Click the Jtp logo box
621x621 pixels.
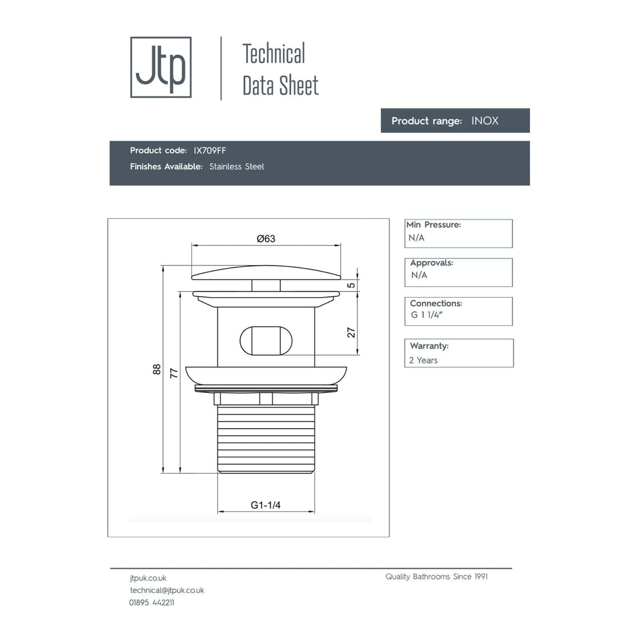[161, 67]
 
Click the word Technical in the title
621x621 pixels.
[274, 54]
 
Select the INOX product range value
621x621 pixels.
[485, 121]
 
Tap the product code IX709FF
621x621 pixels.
[210, 150]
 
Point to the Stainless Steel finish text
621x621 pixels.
[237, 167]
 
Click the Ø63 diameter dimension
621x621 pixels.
[266, 238]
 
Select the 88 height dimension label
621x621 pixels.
[157, 369]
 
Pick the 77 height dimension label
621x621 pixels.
[174, 373]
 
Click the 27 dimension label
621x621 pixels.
[351, 332]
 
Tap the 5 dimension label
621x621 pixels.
[351, 285]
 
